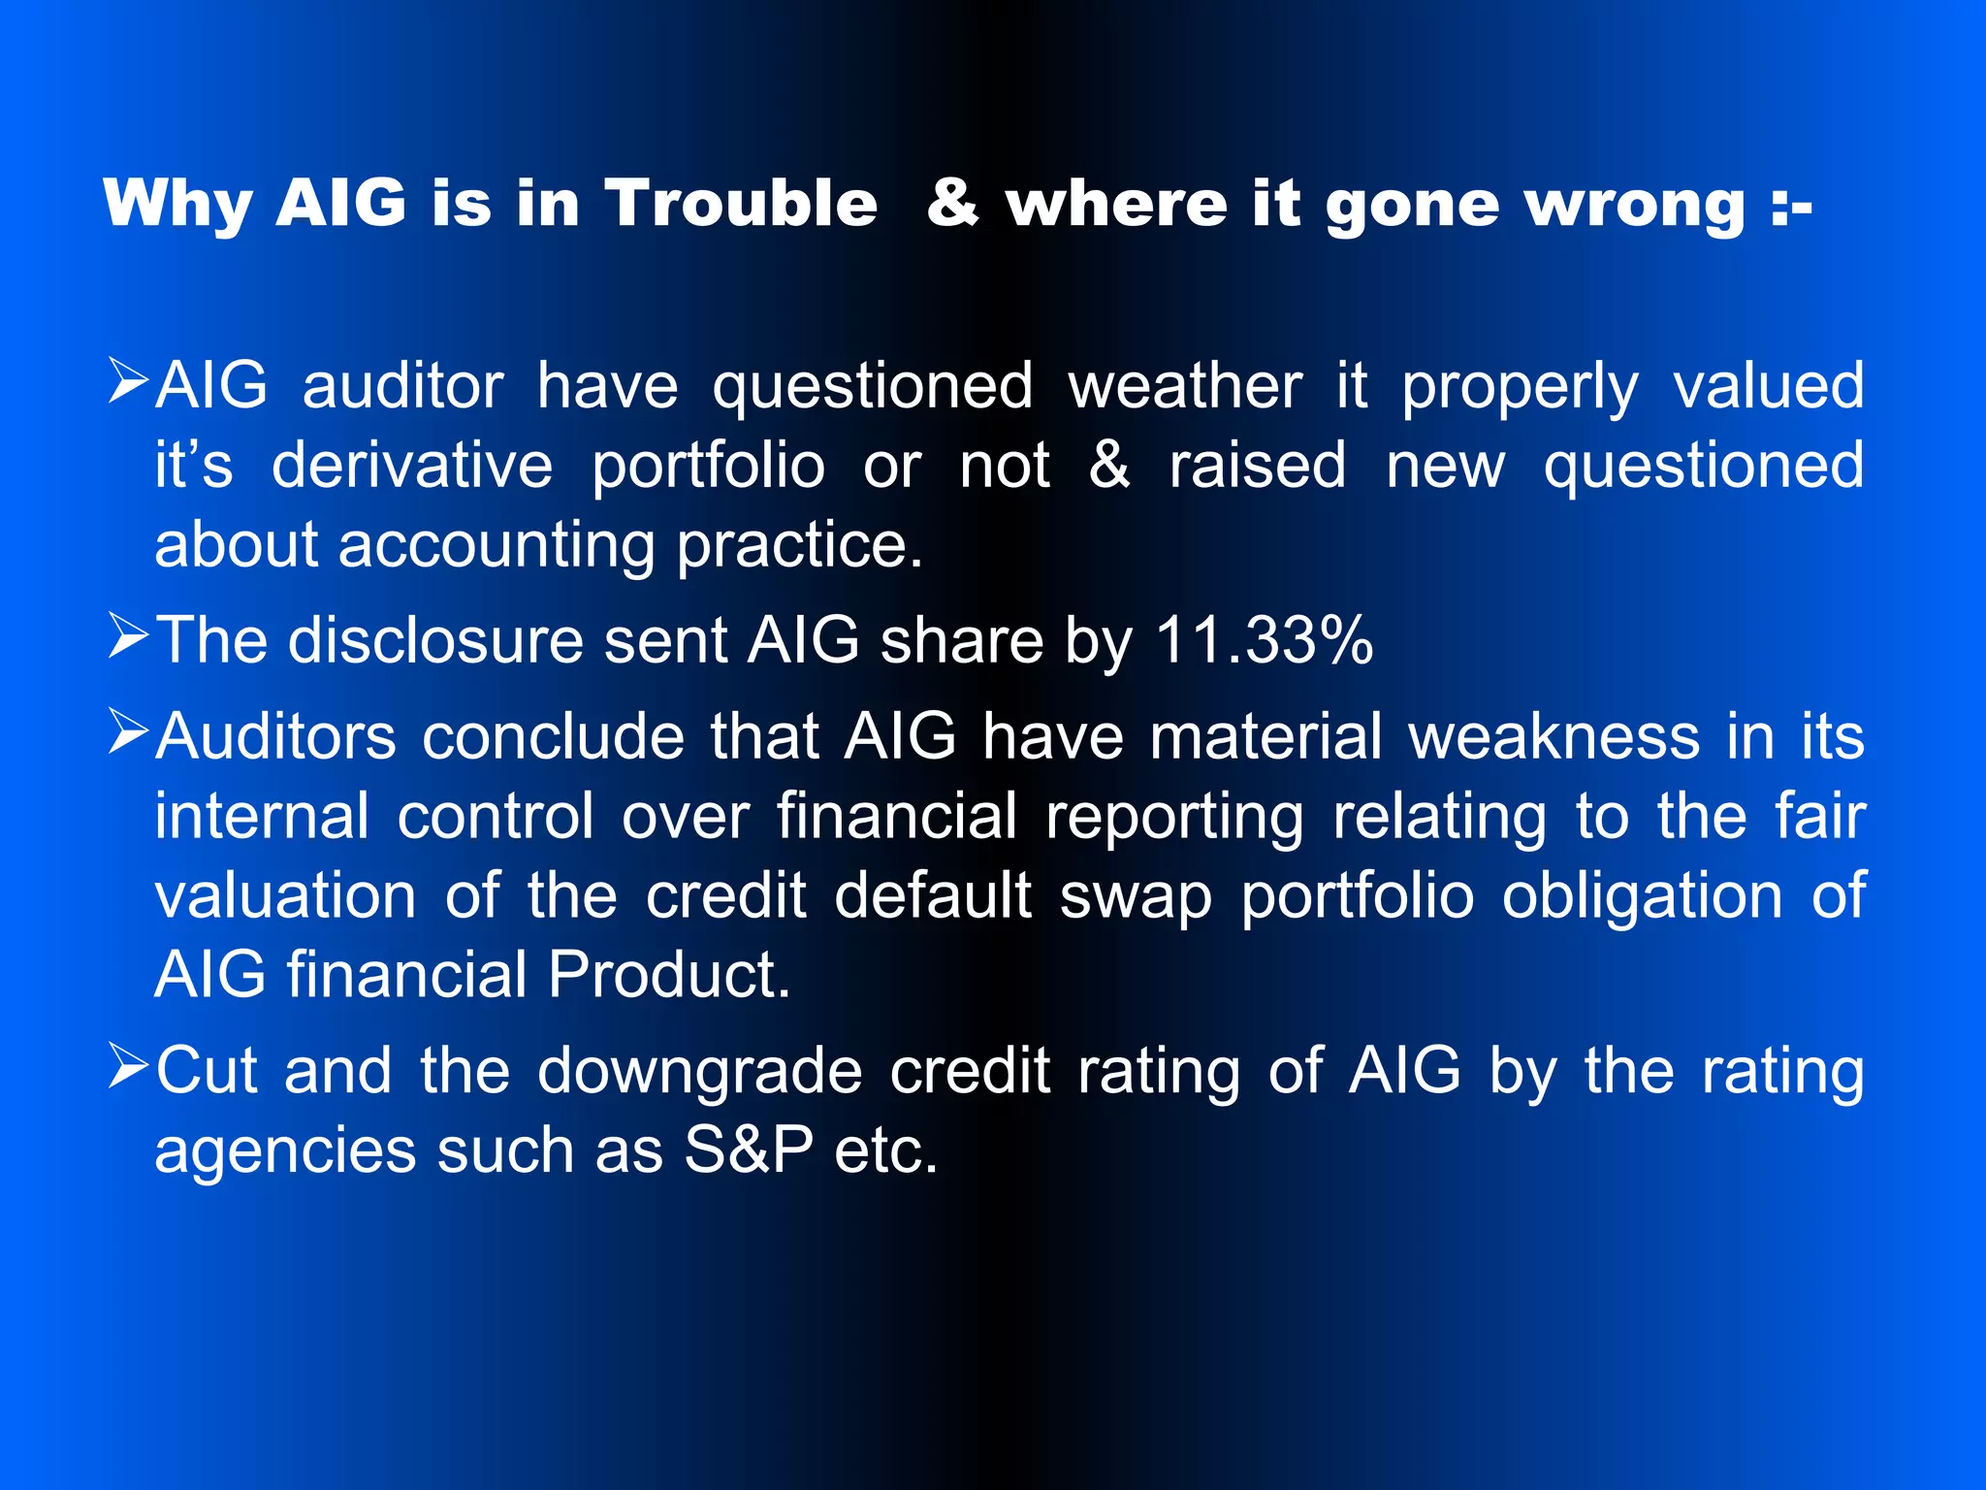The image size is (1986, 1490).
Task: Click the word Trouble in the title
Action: [x=742, y=204]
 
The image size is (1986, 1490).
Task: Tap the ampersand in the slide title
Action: [x=952, y=204]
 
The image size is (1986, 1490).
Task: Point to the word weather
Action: [x=1185, y=386]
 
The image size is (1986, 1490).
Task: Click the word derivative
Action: [x=412, y=466]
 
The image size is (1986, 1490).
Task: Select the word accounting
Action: [x=496, y=545]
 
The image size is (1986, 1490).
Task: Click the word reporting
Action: [x=1174, y=817]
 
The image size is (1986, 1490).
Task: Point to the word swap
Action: [x=1136, y=896]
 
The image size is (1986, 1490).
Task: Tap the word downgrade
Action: [x=699, y=1072]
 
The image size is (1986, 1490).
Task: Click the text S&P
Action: [x=749, y=1150]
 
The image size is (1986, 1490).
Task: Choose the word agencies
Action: [x=285, y=1152]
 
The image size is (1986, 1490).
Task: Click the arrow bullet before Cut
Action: [x=127, y=1065]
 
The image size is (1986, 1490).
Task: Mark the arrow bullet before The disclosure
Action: [x=127, y=635]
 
